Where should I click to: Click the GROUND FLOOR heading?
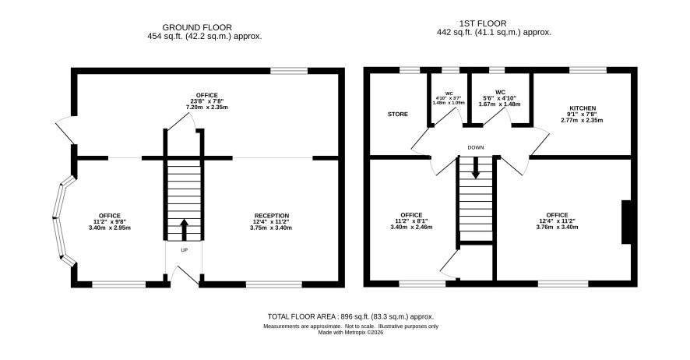tap(197, 27)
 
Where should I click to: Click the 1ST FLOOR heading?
tap(483, 23)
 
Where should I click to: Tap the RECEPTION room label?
tap(272, 216)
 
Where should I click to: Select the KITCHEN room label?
tap(583, 108)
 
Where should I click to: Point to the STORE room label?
tap(398, 115)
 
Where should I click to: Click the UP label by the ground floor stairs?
tap(184, 250)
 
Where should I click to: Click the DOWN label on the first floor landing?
tap(476, 147)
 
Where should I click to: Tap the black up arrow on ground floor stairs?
tap(184, 229)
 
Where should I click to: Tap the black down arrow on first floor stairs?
tap(476, 168)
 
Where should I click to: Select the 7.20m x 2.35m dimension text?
tap(206, 108)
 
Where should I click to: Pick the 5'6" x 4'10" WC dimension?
tap(499, 99)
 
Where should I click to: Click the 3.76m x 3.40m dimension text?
tap(557, 227)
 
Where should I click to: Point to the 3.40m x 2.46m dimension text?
tap(411, 227)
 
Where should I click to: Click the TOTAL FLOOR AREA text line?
tap(350, 316)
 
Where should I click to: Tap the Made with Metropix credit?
tap(350, 333)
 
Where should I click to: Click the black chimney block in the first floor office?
tap(626, 222)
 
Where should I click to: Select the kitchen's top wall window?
tap(587, 70)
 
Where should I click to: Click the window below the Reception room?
tap(273, 284)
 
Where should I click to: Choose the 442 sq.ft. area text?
tap(494, 32)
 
